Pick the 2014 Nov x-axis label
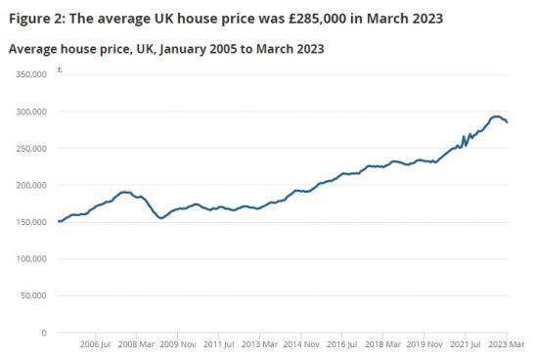[302, 344]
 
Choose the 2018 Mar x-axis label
[384, 344]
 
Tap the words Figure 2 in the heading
[37, 17]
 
